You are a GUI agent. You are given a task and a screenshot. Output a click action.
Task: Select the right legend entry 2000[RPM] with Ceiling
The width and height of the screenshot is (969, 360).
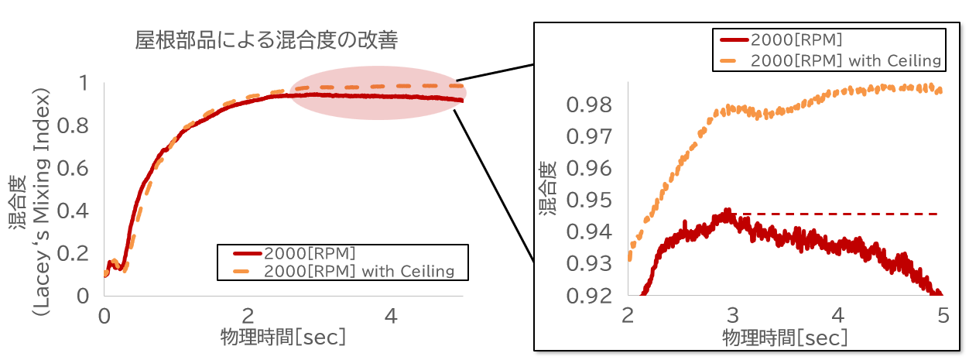(x=846, y=60)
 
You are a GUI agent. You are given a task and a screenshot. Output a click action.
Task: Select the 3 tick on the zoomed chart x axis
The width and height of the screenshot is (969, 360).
(x=733, y=315)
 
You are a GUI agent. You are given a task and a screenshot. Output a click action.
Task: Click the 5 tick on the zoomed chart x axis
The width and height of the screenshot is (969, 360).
(x=942, y=315)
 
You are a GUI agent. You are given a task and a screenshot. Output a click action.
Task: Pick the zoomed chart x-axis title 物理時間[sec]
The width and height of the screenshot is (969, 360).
(x=785, y=338)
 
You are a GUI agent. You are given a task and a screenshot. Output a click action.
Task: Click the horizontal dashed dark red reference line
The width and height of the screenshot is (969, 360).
(x=851, y=213)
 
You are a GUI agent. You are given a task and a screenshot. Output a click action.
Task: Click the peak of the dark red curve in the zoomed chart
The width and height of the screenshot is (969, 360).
(x=728, y=211)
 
